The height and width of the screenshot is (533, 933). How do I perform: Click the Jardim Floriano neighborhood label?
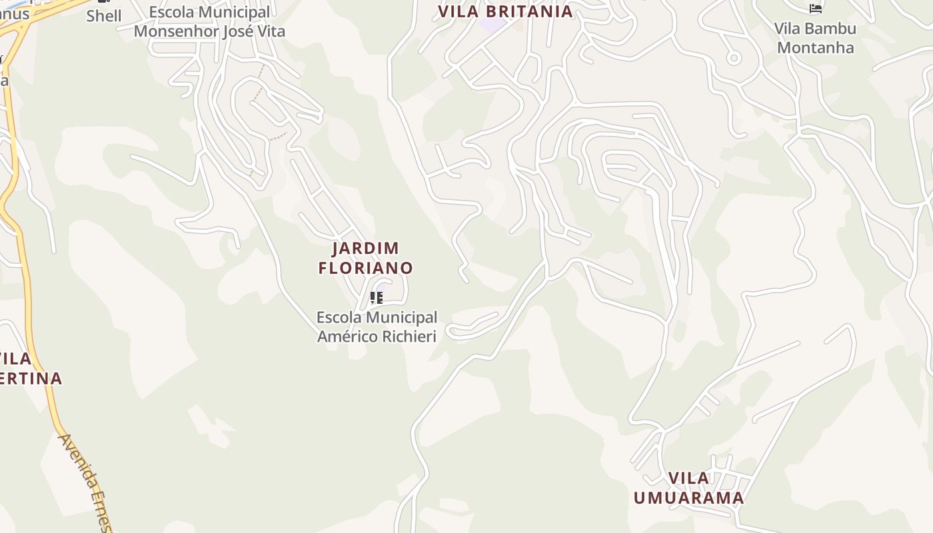366,258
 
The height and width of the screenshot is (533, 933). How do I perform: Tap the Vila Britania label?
505,11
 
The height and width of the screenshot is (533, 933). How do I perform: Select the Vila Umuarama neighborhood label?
688,488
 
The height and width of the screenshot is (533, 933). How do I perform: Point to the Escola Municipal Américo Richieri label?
377,326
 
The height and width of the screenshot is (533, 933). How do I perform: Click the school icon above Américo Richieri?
377,297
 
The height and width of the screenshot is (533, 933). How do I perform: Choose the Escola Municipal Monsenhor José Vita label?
209,21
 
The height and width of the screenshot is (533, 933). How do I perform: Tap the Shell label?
104,16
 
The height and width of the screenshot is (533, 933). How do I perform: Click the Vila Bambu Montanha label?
815,38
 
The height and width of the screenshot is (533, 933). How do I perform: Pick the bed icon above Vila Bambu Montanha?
816,9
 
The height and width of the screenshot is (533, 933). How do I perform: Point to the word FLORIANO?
366,268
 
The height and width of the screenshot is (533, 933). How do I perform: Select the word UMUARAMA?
688,498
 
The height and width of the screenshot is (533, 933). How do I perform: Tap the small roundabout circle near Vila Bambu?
734,58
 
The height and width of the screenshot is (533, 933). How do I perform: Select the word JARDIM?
366,249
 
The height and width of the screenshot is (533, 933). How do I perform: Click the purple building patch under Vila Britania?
492,26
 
